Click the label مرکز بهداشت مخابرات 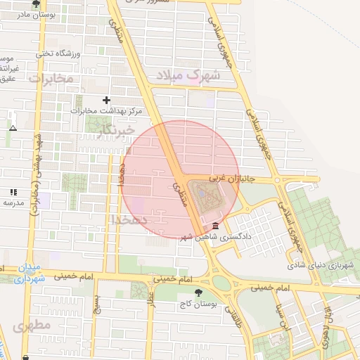(111, 111)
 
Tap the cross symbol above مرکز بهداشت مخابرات (107, 101)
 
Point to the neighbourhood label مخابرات (51, 78)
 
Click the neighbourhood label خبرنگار (117, 129)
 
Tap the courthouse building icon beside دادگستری (214, 226)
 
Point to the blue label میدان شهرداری (30, 274)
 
